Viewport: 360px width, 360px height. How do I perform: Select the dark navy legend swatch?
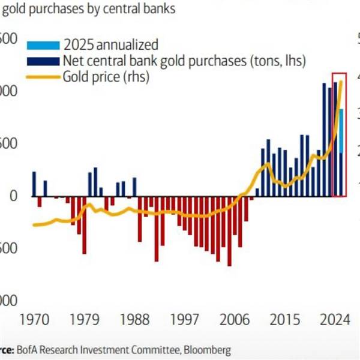click(x=43, y=61)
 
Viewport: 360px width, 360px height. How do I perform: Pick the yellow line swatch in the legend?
click(x=43, y=77)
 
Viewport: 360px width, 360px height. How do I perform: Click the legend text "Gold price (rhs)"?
click(x=106, y=77)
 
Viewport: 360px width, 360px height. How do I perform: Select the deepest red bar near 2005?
click(x=229, y=231)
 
